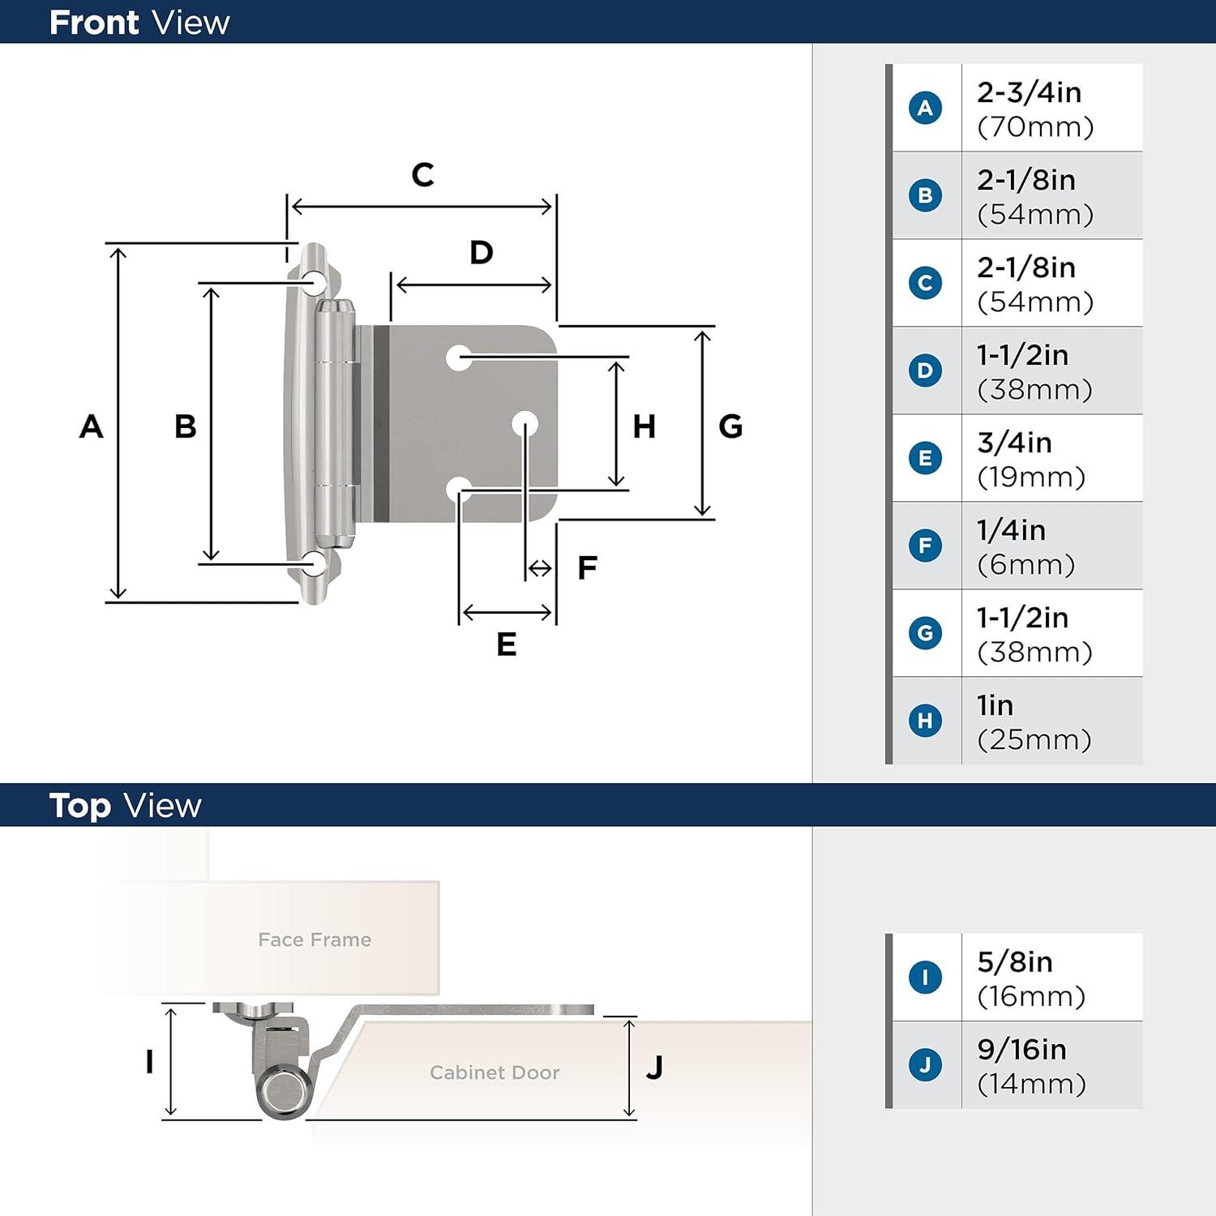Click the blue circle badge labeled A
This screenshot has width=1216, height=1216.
point(925,108)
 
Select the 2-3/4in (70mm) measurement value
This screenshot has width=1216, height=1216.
point(1035,109)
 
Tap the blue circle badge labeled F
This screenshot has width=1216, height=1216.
point(925,546)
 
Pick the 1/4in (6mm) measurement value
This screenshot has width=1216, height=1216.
point(1025,547)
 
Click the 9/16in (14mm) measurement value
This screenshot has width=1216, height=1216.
point(1031,1066)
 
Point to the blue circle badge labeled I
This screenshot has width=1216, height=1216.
point(925,977)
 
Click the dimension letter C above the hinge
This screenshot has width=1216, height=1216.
point(422,174)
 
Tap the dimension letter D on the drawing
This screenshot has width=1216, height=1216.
point(482,252)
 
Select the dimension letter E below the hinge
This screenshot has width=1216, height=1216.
point(507,644)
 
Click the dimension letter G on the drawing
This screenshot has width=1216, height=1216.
point(730,426)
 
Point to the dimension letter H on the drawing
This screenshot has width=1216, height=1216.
point(644,426)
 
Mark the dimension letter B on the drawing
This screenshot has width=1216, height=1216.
point(186,426)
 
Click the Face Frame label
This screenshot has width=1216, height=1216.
point(315,940)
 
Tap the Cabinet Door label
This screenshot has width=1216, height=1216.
point(495,1073)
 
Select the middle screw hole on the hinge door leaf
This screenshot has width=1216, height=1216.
point(525,423)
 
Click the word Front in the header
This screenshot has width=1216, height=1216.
point(94,23)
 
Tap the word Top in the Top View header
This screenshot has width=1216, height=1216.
point(79,806)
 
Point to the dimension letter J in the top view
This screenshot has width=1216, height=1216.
point(655,1067)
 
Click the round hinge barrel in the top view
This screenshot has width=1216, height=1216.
point(285,1091)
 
